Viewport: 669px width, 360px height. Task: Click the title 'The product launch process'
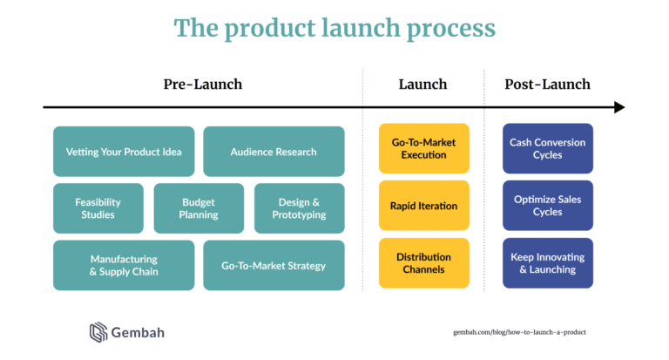(x=334, y=28)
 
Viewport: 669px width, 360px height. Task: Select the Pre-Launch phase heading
(x=203, y=85)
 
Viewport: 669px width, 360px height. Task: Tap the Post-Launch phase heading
(x=547, y=85)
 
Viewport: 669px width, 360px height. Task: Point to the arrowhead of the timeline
(x=619, y=107)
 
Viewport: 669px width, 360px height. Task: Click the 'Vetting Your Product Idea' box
(x=124, y=152)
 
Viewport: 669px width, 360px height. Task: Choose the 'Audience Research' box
(x=274, y=152)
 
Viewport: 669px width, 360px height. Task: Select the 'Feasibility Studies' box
(x=98, y=208)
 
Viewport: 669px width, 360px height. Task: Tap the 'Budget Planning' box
(x=199, y=208)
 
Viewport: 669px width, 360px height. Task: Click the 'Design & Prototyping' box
(x=299, y=208)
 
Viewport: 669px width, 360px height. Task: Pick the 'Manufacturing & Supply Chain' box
(x=124, y=265)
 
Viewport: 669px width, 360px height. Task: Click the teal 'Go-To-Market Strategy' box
(x=274, y=265)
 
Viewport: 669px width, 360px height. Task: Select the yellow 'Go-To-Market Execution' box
(x=423, y=148)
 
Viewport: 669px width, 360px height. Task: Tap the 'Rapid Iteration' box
(x=423, y=206)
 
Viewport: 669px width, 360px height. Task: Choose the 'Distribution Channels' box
(x=423, y=263)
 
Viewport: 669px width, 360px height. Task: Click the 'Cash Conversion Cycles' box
(x=547, y=148)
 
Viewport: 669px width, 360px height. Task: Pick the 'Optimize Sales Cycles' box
(x=547, y=206)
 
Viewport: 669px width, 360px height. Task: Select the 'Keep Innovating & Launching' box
(x=547, y=263)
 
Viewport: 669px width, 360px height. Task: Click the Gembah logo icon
(x=98, y=332)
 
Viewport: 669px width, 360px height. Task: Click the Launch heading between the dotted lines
(x=423, y=85)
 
